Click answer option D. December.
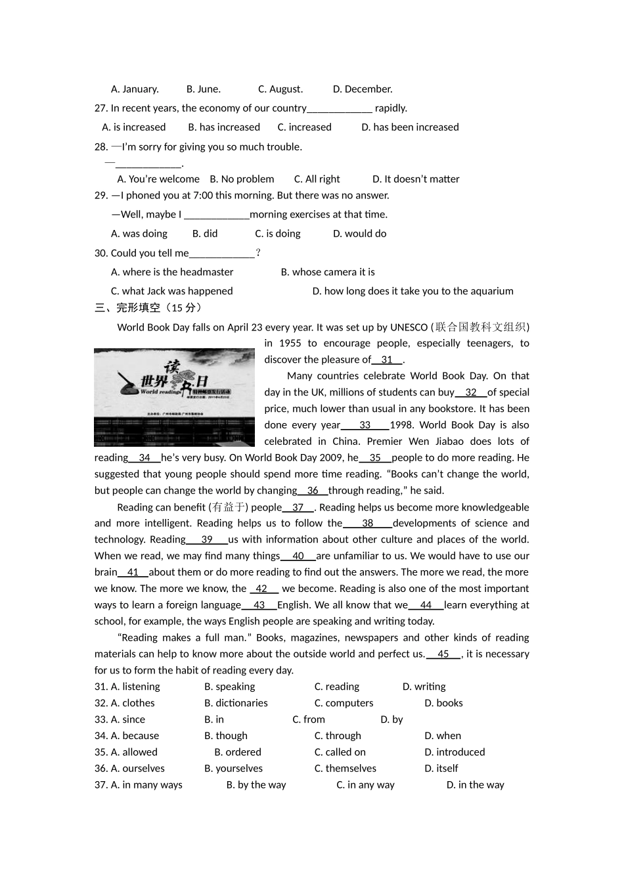click(362, 89)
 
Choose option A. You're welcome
click(158, 179)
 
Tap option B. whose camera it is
click(327, 272)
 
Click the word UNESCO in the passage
click(409, 327)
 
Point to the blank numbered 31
click(387, 360)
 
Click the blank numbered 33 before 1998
click(365, 425)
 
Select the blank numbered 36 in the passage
click(313, 491)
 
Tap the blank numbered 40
click(298, 556)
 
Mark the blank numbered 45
click(443, 654)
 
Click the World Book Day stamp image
click(174, 397)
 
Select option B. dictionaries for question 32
click(236, 703)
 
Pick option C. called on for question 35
click(340, 752)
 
